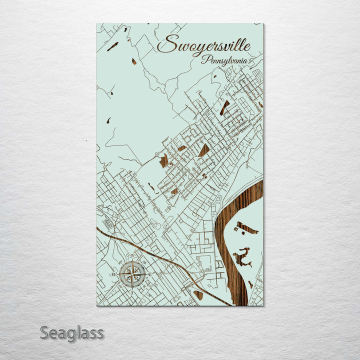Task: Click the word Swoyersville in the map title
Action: coord(203,44)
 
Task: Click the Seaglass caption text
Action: coord(71,332)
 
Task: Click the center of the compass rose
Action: coord(132,273)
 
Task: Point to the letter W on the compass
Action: coord(114,274)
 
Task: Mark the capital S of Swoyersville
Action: coord(166,44)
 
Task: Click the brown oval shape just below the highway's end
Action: coord(198,294)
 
